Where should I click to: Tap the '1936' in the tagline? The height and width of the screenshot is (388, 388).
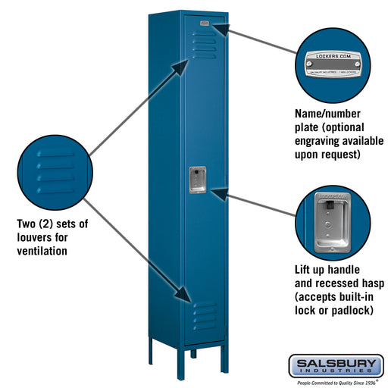[x=368, y=383]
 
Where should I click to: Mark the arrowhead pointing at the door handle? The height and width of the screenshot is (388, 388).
[x=215, y=194]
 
